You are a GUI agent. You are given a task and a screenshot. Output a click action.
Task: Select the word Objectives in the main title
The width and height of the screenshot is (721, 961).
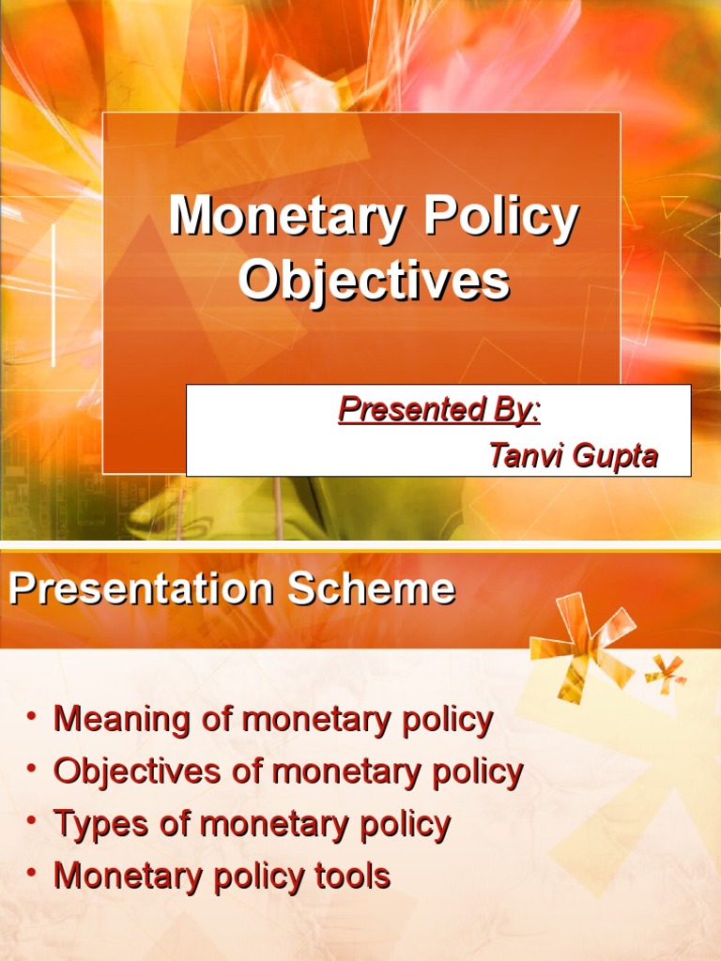(x=374, y=280)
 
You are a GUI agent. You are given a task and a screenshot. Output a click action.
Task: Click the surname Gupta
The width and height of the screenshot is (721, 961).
(x=615, y=456)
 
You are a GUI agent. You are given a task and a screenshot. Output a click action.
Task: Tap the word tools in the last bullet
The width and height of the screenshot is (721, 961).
(x=354, y=876)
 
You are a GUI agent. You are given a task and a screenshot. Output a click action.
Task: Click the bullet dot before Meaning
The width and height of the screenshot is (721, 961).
(x=32, y=718)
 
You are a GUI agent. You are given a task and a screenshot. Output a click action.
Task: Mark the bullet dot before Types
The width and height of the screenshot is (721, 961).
(x=32, y=822)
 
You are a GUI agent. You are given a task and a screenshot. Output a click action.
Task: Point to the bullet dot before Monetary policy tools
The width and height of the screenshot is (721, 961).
(x=32, y=874)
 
